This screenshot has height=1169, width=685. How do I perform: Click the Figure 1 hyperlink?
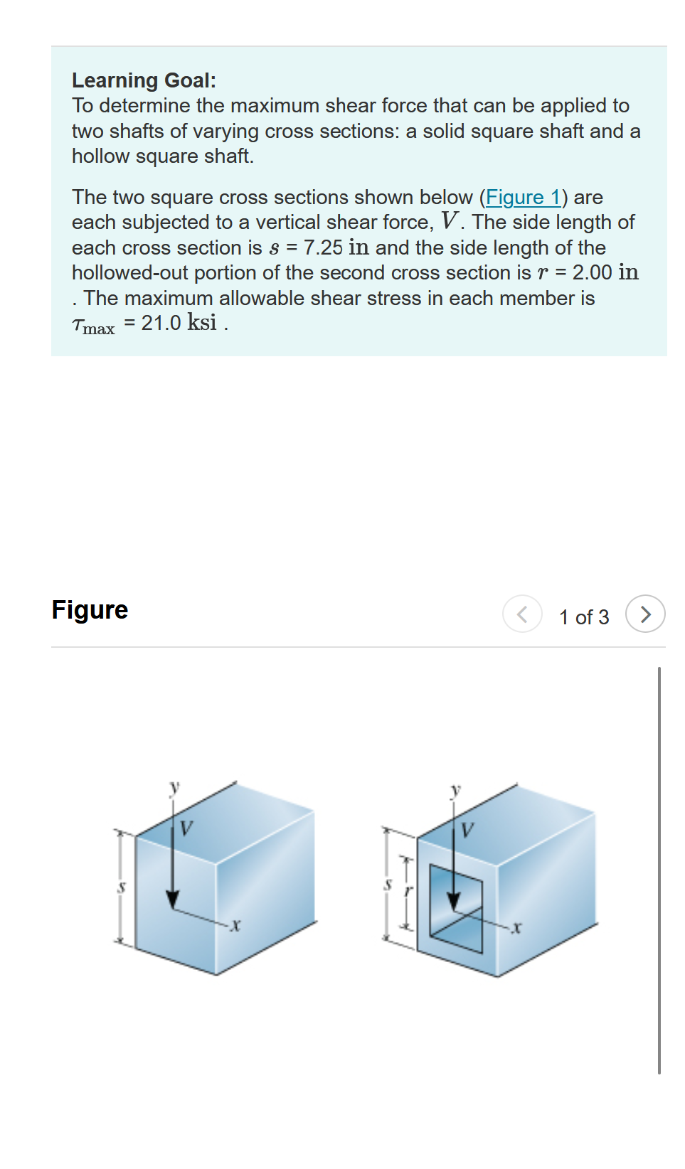coord(524,197)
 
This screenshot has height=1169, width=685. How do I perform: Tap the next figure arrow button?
coord(644,614)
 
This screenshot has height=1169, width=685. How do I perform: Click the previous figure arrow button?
coord(522,614)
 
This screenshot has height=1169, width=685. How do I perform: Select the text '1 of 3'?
coord(583,616)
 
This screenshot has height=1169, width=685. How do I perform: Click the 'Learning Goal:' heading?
coord(144,80)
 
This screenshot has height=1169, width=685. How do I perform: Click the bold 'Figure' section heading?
coord(90,609)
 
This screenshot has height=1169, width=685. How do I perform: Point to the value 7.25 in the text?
coord(323,247)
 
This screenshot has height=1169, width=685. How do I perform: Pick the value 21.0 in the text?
coord(161,323)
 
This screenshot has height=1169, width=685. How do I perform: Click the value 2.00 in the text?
coord(592,272)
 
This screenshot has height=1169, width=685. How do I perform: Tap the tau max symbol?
coord(93,326)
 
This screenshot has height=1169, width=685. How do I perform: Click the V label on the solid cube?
coord(186,828)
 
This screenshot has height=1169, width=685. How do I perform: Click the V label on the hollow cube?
coord(467,830)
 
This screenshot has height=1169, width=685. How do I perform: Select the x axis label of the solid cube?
coord(235,926)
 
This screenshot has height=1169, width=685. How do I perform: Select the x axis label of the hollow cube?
coord(517,927)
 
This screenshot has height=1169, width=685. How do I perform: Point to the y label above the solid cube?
coord(174,787)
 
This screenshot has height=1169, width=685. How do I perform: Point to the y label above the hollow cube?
coord(456,790)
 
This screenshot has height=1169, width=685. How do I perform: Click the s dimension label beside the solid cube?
coord(122,887)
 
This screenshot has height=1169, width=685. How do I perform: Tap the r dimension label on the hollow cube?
coord(408,890)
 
